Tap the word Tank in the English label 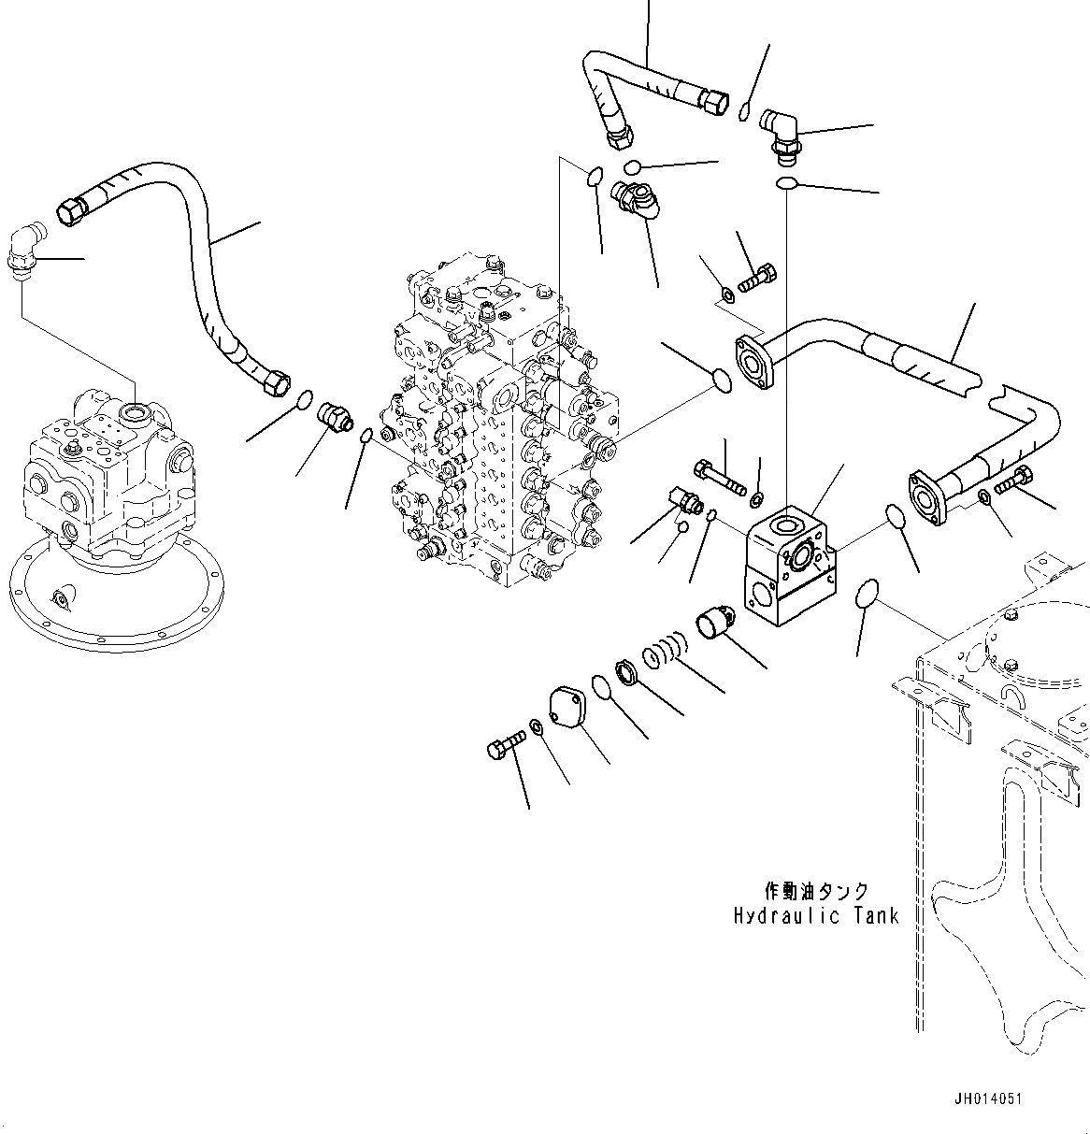click(872, 915)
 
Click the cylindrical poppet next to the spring click(718, 622)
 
